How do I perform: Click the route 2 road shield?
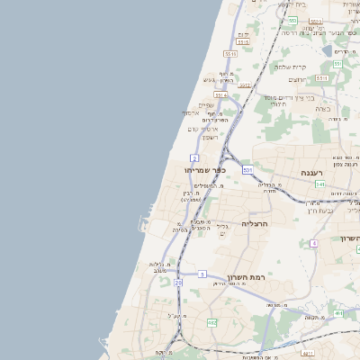[x=194, y=157]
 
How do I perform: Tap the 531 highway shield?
[x=247, y=169]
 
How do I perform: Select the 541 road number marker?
[x=320, y=184]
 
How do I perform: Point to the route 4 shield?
[x=313, y=244]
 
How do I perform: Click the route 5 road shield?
[x=202, y=274]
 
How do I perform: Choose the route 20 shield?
[x=178, y=283]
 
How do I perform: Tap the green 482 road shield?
[x=211, y=322]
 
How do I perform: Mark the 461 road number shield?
[x=338, y=313]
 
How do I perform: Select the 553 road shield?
[x=292, y=19]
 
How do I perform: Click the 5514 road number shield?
[x=220, y=94]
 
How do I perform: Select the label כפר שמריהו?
[x=204, y=170]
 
